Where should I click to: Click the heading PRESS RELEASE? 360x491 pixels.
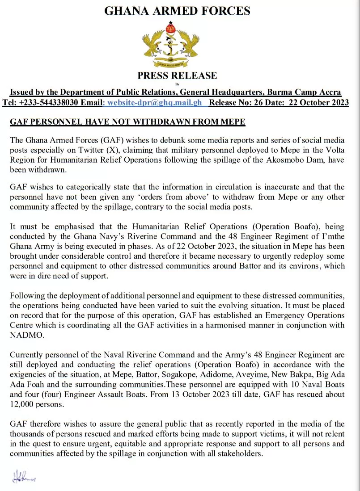(x=177, y=75)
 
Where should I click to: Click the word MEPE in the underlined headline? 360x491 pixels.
(x=232, y=122)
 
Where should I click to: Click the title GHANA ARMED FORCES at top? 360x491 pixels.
(x=177, y=11)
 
